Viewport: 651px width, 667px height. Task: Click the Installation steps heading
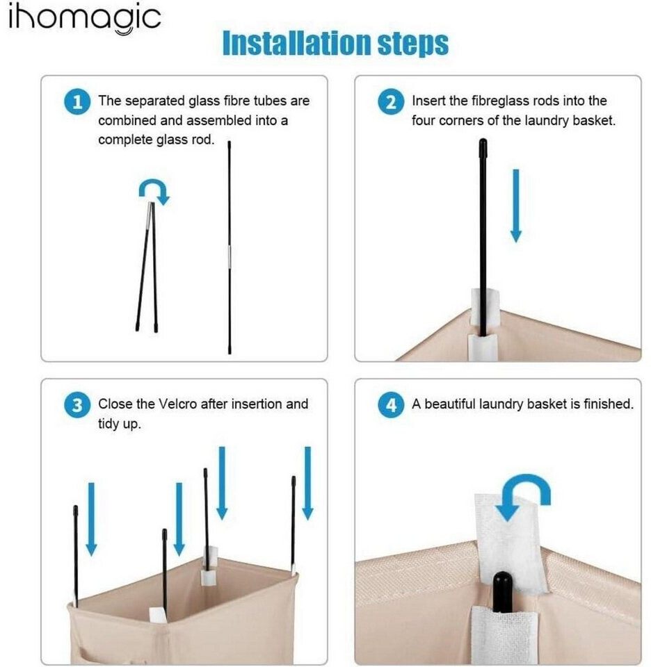[x=335, y=43]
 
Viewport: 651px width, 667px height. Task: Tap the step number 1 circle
[x=77, y=102]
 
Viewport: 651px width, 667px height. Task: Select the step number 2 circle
[x=391, y=102]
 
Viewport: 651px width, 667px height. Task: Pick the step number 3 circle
[x=77, y=405]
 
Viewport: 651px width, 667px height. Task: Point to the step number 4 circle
[x=391, y=405]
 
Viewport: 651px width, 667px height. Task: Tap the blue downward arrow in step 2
[x=516, y=206]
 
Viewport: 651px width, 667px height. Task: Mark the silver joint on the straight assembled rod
[x=230, y=257]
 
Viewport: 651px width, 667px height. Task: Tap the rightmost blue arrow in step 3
[x=308, y=484]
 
